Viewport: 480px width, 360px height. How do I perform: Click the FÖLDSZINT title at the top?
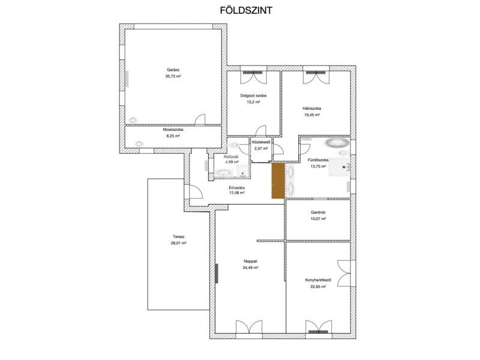pos(246,10)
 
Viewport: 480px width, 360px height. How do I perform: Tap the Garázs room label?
pos(173,70)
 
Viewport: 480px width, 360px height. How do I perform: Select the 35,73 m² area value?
pos(173,76)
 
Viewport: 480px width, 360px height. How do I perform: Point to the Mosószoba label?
pos(173,130)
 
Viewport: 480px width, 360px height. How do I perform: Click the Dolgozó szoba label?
pos(253,95)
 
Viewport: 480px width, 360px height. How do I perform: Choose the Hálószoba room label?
pos(311,109)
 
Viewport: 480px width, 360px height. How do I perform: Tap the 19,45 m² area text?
pos(311,115)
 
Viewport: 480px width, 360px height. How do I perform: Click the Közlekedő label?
pos(261,142)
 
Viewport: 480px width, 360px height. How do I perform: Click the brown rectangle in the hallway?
pos(278,181)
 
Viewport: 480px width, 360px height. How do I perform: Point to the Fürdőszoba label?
pos(318,160)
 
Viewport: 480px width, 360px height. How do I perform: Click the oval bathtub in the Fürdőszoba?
pos(337,142)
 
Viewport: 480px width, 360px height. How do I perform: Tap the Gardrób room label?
pos(318,212)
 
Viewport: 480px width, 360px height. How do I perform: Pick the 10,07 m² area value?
pos(318,219)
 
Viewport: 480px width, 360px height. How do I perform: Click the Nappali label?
pos(250,261)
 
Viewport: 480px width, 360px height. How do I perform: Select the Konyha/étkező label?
pos(318,280)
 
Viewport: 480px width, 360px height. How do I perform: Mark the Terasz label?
pos(178,236)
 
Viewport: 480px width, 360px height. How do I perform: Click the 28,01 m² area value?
pos(178,243)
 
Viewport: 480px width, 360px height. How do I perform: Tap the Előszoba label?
pos(236,188)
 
